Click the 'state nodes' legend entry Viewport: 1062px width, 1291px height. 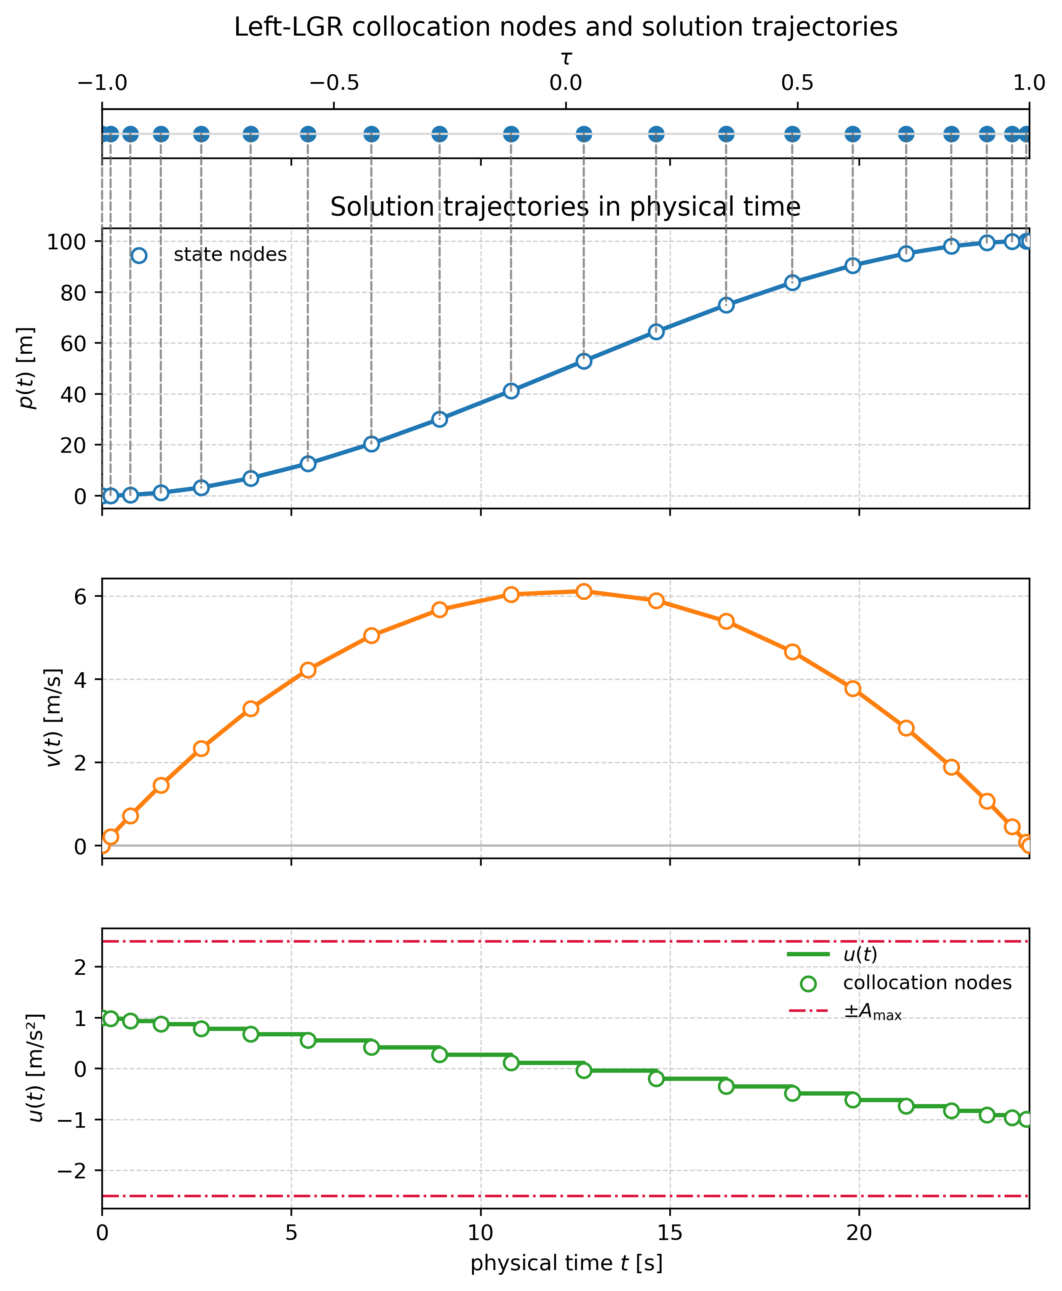pos(230,255)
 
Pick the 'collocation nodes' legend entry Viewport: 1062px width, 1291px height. pos(927,983)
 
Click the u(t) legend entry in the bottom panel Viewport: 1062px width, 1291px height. pos(860,954)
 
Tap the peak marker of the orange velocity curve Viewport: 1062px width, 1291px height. pos(583,591)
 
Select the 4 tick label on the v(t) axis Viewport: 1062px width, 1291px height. pos(80,680)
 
